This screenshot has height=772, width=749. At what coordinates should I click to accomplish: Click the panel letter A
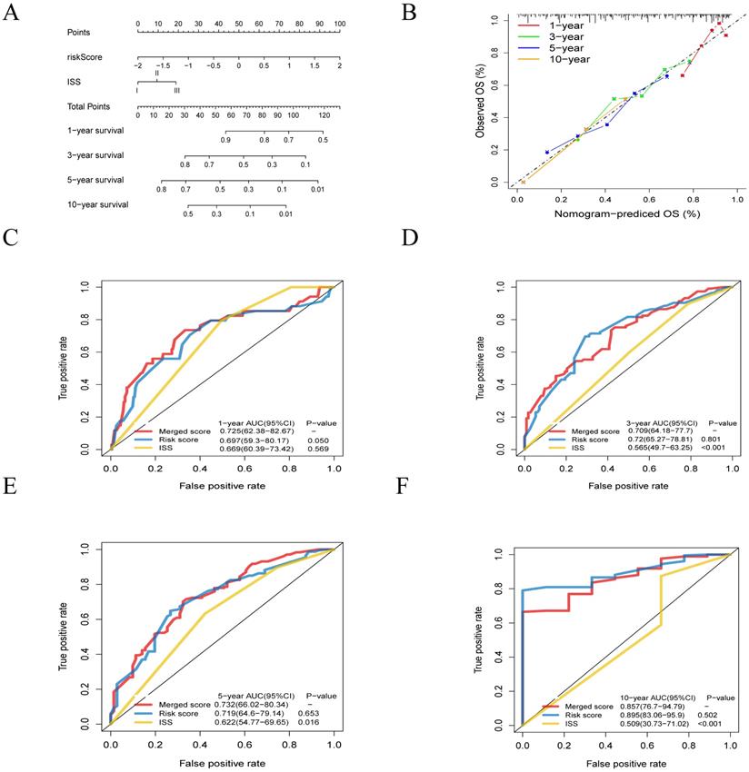(x=12, y=13)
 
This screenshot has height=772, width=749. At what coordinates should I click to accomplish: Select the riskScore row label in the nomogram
(x=85, y=56)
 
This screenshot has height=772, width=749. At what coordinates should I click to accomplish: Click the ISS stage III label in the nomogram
(x=175, y=91)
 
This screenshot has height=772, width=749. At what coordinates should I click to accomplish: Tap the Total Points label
(x=89, y=107)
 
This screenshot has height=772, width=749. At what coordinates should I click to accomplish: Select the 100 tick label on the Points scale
(x=339, y=23)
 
